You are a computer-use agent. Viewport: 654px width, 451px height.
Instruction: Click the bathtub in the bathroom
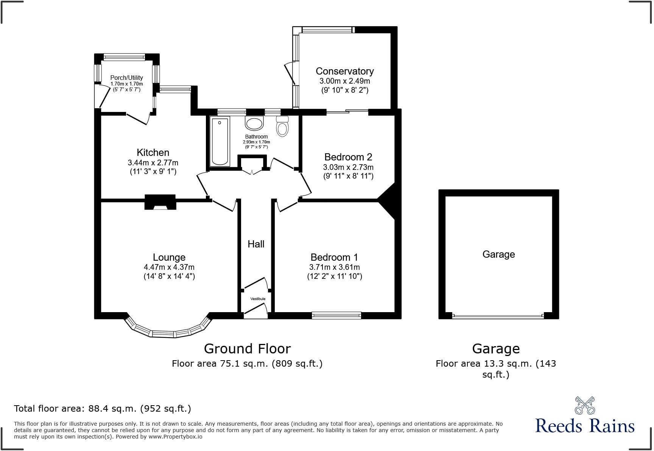(x=220, y=141)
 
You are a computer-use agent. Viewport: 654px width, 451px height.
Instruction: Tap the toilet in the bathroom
(x=282, y=126)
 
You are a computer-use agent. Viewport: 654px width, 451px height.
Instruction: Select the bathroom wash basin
(x=254, y=123)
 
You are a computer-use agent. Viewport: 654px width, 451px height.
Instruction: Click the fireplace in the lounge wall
(x=160, y=202)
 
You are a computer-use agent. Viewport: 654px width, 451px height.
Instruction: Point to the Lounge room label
(x=169, y=257)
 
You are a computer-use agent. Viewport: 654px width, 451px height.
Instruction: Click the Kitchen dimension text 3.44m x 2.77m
(x=153, y=163)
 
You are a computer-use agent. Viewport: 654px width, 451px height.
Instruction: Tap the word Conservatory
(x=344, y=71)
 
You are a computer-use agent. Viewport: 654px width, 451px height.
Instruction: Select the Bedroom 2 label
(x=348, y=157)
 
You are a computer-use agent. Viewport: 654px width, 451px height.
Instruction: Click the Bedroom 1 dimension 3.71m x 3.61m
(x=334, y=267)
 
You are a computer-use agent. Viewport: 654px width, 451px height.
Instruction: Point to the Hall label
(x=256, y=244)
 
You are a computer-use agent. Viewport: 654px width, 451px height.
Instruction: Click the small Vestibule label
(x=258, y=299)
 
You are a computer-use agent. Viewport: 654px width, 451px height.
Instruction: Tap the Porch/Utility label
(x=126, y=78)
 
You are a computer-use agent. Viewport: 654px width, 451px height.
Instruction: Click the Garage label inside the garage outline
(x=498, y=254)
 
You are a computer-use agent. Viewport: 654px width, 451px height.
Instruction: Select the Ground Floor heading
(x=247, y=348)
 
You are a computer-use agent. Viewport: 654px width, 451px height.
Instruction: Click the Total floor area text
(x=102, y=409)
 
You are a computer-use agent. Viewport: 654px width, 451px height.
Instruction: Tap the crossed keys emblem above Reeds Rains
(x=585, y=405)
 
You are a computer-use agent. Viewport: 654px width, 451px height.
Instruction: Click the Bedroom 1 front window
(x=336, y=315)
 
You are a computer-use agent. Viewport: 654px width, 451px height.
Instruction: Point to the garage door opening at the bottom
(x=498, y=316)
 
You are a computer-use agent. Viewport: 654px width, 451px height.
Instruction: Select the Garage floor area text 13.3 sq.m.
(x=495, y=364)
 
